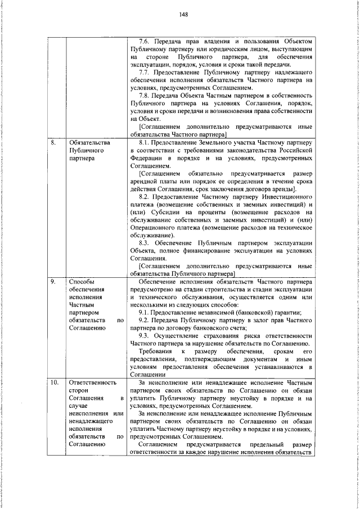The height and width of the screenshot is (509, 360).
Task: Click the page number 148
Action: [x=183, y=15]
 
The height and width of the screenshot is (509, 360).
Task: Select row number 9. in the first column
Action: [x=53, y=281]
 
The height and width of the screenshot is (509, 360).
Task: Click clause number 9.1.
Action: [x=145, y=312]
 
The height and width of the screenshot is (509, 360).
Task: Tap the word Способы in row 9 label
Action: [x=81, y=281]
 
